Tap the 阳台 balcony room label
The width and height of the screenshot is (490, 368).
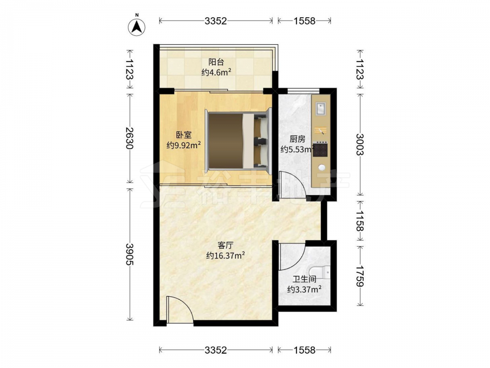[216, 62]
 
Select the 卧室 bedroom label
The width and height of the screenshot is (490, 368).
[183, 135]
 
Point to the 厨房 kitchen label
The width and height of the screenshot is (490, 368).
[297, 139]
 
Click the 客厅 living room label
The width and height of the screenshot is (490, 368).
[225, 245]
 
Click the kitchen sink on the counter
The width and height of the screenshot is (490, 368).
[320, 108]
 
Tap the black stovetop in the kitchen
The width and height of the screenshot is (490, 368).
[320, 149]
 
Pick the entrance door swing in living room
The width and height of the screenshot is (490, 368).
[180, 310]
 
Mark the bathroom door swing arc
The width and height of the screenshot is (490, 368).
[292, 257]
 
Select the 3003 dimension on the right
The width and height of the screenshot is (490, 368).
[360, 144]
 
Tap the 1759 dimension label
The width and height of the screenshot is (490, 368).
[360, 276]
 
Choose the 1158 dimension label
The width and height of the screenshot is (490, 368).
[360, 221]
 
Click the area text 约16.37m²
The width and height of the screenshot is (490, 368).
[225, 256]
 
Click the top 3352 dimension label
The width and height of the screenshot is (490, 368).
[216, 21]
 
